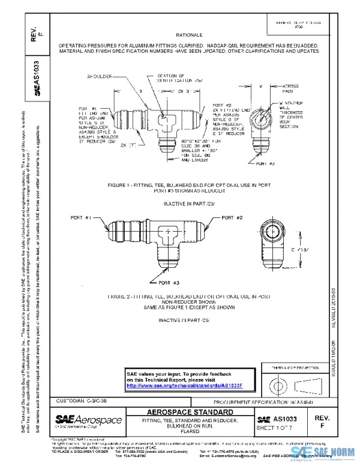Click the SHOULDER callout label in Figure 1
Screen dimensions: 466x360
pyautogui.click(x=101, y=77)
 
